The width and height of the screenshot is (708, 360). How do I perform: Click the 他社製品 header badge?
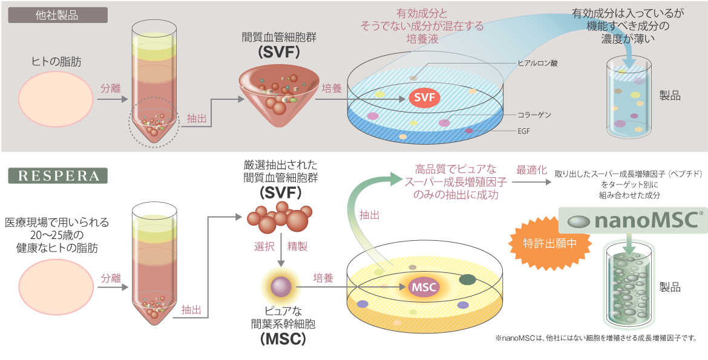57,15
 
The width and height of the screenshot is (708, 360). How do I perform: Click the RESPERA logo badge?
57,175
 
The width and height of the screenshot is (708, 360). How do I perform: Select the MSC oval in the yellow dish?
424,287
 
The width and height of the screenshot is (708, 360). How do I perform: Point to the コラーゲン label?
534,114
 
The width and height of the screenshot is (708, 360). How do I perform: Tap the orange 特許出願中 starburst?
542,243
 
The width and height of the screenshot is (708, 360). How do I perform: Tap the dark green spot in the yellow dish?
468,280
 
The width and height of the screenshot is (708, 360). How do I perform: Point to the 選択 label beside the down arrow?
265,247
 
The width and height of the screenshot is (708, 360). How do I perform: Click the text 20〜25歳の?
58,235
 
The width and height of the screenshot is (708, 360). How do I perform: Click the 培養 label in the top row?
332,88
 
